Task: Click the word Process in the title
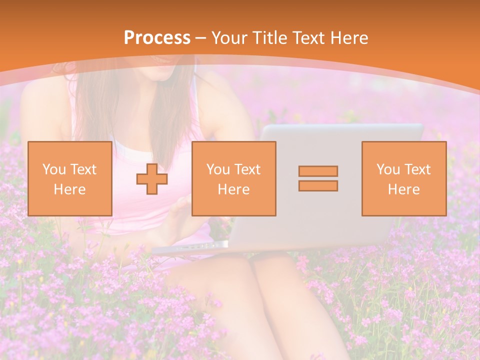pos(157,38)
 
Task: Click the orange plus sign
pos(152,178)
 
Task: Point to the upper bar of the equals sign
pos(318,171)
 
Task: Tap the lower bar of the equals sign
pos(318,185)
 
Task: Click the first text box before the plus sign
pos(69,178)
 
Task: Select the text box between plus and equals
pos(233,178)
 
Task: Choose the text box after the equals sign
pos(403,178)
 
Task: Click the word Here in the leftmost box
pos(69,189)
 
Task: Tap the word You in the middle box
pos(218,169)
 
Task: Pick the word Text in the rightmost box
pos(418,169)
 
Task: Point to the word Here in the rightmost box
pos(403,189)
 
